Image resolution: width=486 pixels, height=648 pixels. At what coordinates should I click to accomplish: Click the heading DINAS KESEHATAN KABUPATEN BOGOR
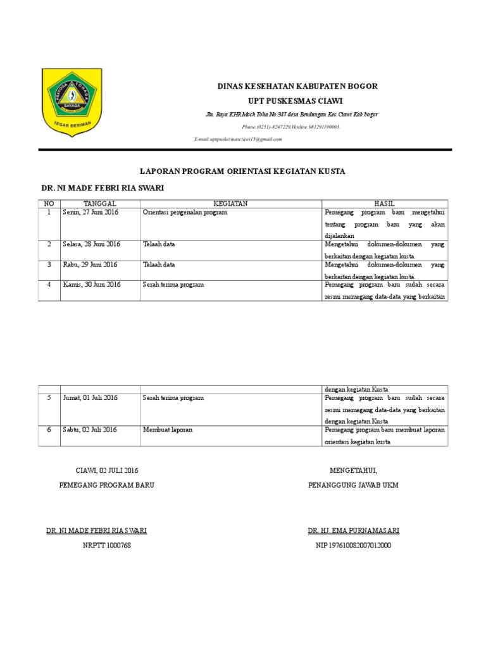[297, 86]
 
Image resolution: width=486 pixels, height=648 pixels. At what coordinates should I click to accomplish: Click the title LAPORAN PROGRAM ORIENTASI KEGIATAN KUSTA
[242, 171]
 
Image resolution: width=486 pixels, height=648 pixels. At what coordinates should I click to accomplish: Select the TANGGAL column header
[100, 203]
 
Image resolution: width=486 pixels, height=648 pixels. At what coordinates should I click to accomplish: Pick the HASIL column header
[384, 203]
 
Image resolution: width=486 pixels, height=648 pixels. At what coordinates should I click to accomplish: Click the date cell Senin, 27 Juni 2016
[90, 213]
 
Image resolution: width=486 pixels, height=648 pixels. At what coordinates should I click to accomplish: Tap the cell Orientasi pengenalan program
[185, 213]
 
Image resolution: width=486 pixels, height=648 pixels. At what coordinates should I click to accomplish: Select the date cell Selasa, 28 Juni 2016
[92, 244]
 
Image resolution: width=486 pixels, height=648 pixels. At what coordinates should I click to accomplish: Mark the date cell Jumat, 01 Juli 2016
[90, 397]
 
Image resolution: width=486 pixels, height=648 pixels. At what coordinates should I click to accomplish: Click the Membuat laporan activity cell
[168, 430]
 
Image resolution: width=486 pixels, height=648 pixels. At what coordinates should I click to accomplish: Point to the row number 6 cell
[49, 430]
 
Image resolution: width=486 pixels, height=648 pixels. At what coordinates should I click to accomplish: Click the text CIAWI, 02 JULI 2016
[106, 471]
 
